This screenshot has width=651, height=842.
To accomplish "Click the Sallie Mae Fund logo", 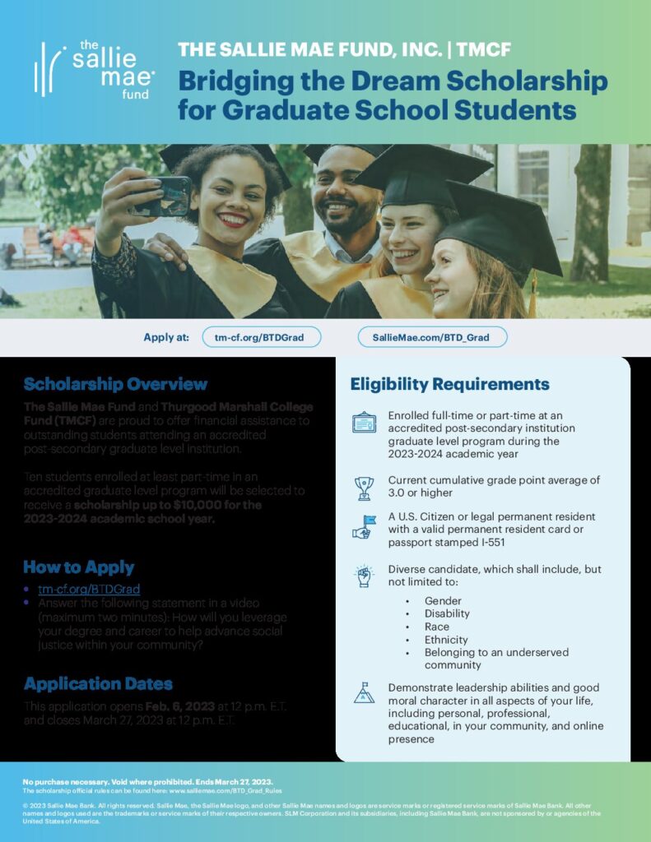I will [94, 69].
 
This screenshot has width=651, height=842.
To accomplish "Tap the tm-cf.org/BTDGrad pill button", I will [262, 337].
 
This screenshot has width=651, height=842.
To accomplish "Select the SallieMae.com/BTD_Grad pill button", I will [432, 337].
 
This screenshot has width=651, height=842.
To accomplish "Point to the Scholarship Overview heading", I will [115, 384].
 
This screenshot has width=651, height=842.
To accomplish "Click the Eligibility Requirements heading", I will [449, 384].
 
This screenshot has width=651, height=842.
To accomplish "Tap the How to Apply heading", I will [78, 567].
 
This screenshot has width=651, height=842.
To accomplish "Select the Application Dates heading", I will [98, 683].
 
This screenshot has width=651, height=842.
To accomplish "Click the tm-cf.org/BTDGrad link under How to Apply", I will [89, 589].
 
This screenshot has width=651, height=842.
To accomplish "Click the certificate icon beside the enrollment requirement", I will [364, 423].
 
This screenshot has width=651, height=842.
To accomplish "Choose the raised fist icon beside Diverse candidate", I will [364, 576].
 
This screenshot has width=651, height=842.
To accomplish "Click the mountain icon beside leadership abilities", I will [364, 692].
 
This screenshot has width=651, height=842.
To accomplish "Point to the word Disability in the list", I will [447, 613].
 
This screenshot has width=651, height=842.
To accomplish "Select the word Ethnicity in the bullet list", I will [446, 639].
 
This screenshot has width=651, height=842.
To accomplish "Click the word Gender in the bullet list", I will [443, 601].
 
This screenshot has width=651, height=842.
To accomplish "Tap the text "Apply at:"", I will [165, 337].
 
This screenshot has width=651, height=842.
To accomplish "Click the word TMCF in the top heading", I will [483, 50].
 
